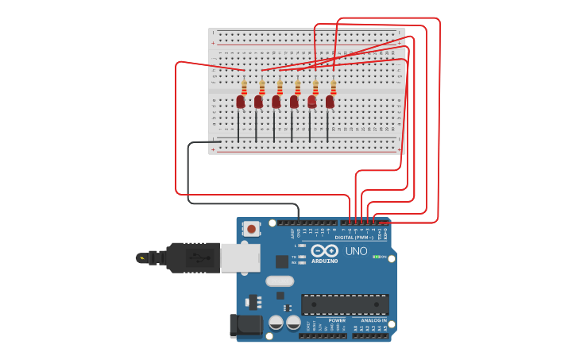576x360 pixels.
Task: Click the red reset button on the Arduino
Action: pyautogui.click(x=251, y=229)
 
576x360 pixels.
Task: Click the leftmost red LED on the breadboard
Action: pyautogui.click(x=241, y=102)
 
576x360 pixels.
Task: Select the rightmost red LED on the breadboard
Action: pyautogui.click(x=330, y=102)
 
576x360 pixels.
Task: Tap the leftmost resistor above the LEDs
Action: pyautogui.click(x=244, y=87)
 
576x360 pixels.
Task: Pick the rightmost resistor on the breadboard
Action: pyautogui.click(x=333, y=87)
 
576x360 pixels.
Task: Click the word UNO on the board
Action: pyautogui.click(x=356, y=251)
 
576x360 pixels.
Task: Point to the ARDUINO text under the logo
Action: pyautogui.click(x=324, y=261)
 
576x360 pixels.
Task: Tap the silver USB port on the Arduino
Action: pyautogui.click(x=239, y=257)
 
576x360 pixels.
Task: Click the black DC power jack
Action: pyautogui.click(x=245, y=326)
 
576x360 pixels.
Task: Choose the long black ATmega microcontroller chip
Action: pyautogui.click(x=345, y=304)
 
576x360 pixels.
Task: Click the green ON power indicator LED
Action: pyautogui.click(x=376, y=257)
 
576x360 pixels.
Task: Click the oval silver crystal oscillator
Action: pyautogui.click(x=280, y=281)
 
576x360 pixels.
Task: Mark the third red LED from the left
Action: pyautogui.click(x=276, y=102)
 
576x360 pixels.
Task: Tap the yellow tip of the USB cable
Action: pyautogui.click(x=141, y=257)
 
